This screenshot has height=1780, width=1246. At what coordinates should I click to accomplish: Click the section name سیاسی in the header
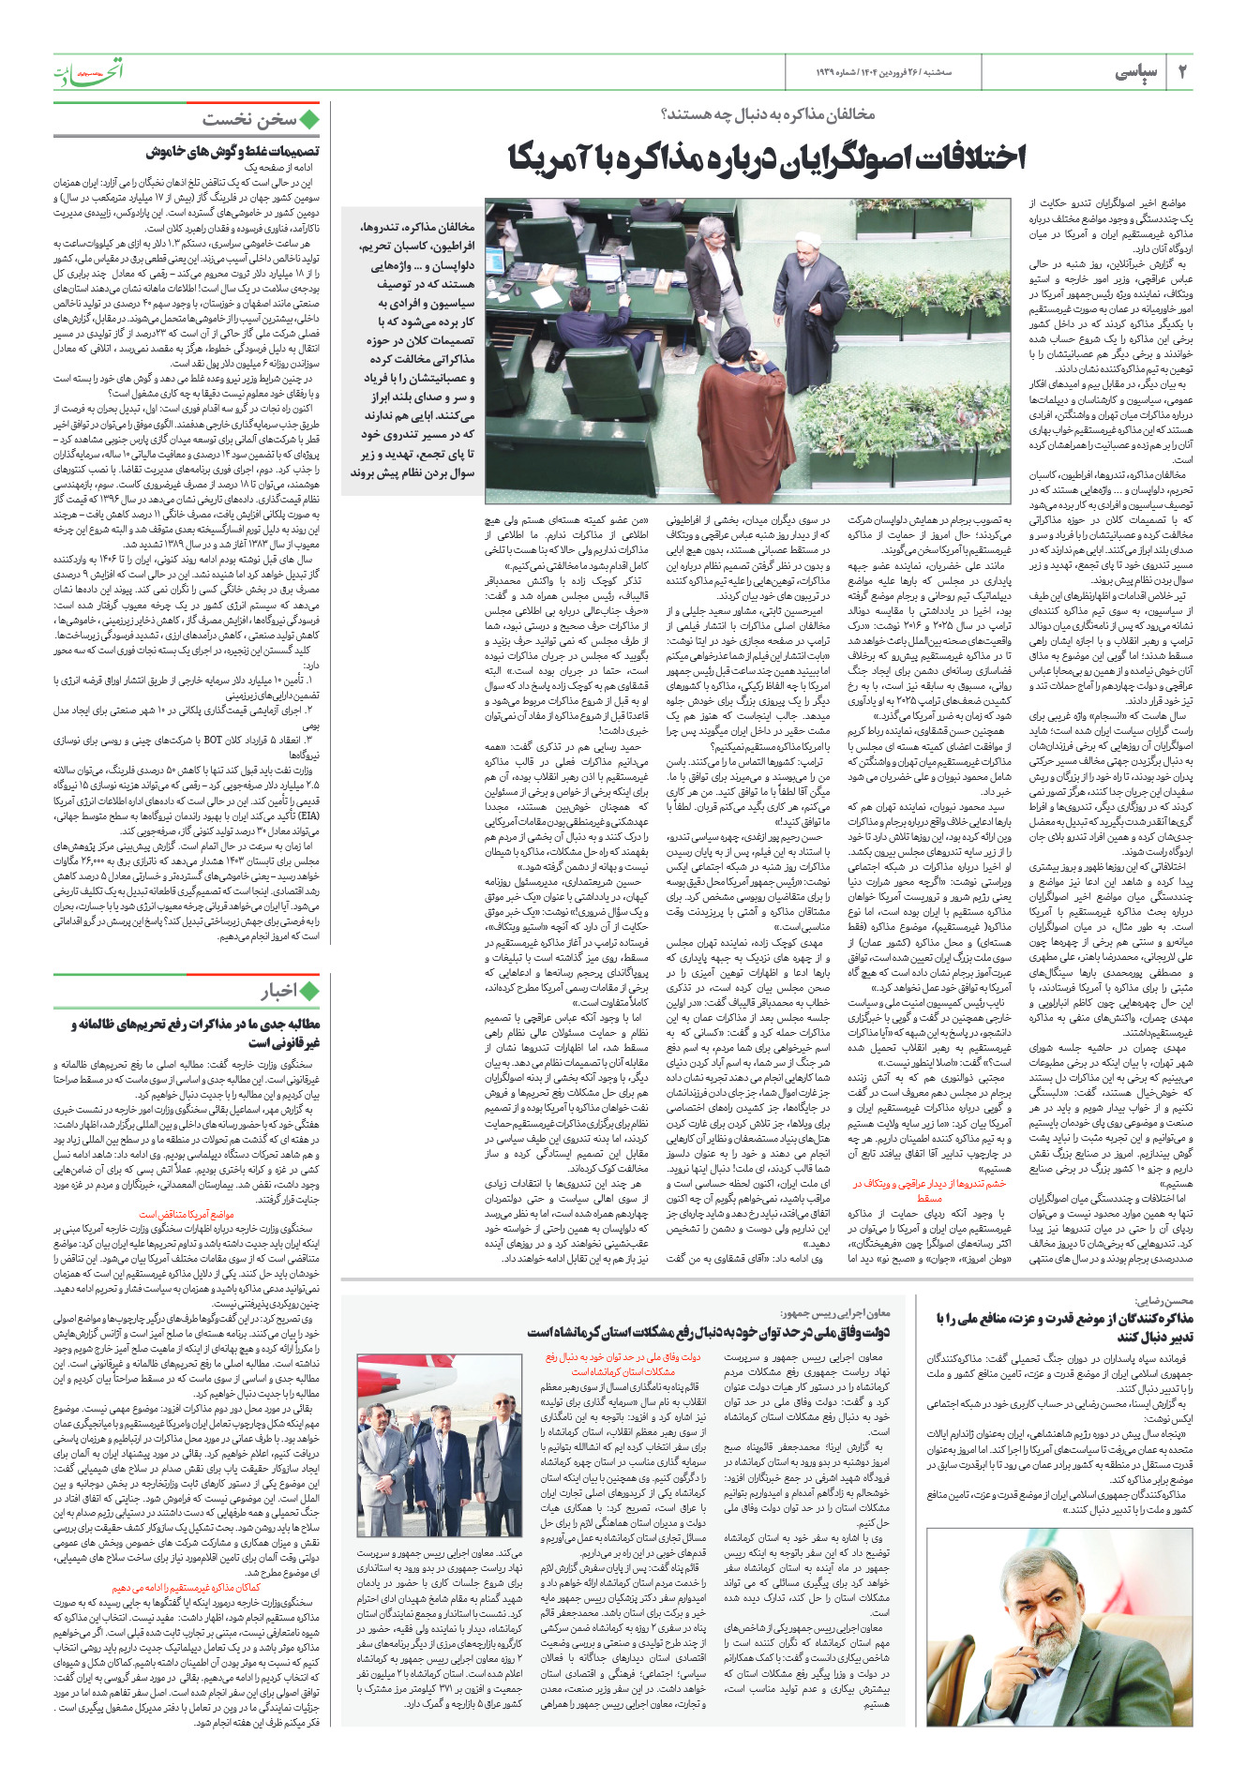point(1136,73)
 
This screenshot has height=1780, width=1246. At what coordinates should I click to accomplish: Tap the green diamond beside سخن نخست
point(309,119)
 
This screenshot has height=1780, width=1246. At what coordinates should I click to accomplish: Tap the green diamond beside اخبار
point(309,991)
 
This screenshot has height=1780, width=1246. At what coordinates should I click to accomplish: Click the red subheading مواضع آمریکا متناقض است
point(187,1214)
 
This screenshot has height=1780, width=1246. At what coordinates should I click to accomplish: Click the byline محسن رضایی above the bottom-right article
point(1163,1301)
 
